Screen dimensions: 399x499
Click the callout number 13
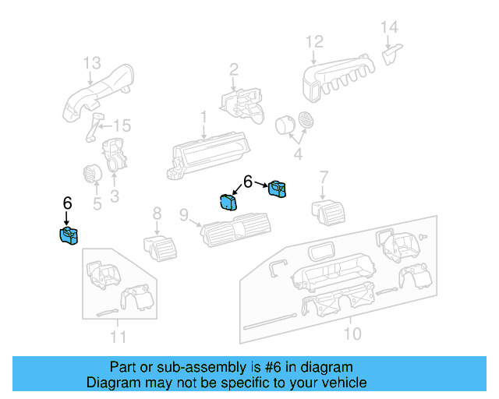[x=92, y=62]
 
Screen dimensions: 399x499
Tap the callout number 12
[x=313, y=41]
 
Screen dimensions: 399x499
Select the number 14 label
[x=389, y=27]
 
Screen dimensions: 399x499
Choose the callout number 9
[x=184, y=214]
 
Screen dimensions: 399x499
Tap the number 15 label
[x=122, y=125]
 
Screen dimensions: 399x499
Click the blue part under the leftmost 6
[x=69, y=235]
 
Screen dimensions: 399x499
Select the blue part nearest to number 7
[x=278, y=189]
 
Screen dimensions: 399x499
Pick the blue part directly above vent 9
[x=229, y=202]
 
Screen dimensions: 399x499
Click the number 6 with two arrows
[x=248, y=182]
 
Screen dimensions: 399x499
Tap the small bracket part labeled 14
[x=392, y=53]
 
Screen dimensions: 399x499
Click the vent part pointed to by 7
[x=326, y=209]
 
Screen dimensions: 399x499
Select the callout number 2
[x=232, y=72]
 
